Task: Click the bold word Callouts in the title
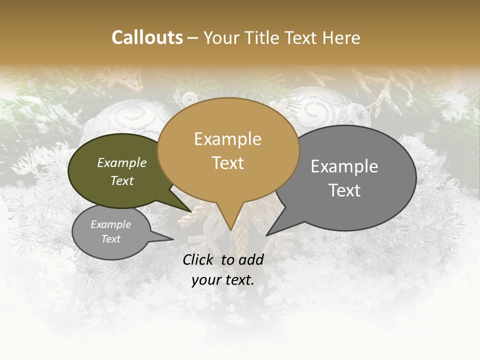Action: [147, 37]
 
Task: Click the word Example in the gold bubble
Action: [228, 139]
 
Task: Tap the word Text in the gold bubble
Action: [228, 163]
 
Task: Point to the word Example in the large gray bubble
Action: [344, 166]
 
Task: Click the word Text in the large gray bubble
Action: [344, 190]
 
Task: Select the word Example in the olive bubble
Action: [121, 163]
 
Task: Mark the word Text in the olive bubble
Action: [121, 181]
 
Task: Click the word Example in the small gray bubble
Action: [110, 224]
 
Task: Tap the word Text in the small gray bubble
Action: [110, 239]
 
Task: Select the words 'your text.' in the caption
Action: [223, 280]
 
